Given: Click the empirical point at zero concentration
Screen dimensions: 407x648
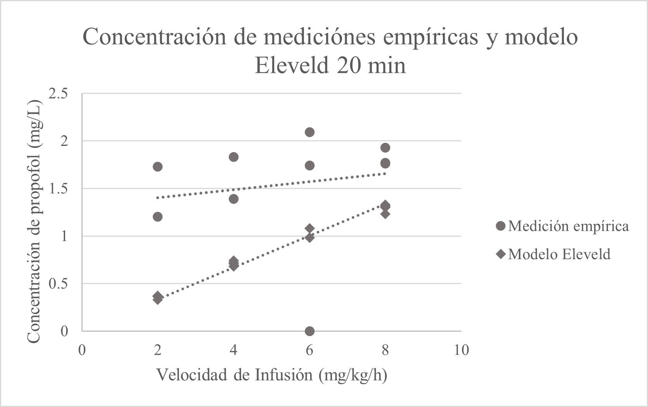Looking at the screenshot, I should click(x=309, y=331).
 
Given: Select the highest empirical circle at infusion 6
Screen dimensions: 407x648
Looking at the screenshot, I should click(x=309, y=132).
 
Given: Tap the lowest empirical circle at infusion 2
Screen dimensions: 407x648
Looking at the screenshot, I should click(x=157, y=216).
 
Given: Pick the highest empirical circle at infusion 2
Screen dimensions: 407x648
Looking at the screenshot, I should click(x=157, y=167).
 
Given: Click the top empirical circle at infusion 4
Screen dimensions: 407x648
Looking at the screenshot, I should click(x=233, y=157).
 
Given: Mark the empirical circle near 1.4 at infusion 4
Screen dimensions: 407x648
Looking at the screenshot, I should click(x=233, y=199).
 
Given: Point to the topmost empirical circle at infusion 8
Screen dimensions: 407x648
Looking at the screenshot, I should click(x=385, y=147).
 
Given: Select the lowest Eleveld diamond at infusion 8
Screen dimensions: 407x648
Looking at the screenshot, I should click(x=385, y=214).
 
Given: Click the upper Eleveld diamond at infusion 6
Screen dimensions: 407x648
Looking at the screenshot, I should click(x=309, y=228).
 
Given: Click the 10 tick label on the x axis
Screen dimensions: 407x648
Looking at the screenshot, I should click(x=461, y=350).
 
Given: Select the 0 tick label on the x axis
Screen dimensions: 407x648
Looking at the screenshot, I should click(x=82, y=350).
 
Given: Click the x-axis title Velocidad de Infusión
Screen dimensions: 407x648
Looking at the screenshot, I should click(x=271, y=375).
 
